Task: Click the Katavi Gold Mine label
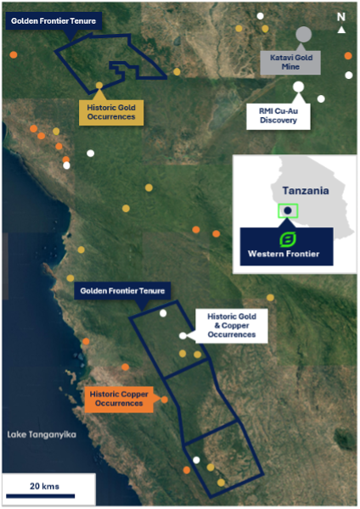pyautogui.click(x=290, y=62)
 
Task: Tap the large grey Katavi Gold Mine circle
pyautogui.click(x=303, y=35)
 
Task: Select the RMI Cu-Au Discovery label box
pyautogui.click(x=278, y=116)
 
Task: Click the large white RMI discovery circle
pyautogui.click(x=298, y=87)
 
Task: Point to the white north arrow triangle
pyautogui.click(x=341, y=30)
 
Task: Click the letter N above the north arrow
pyautogui.click(x=341, y=17)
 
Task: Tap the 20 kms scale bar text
pyautogui.click(x=44, y=486)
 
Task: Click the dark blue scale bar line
pyautogui.click(x=40, y=496)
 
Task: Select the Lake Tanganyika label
pyautogui.click(x=42, y=434)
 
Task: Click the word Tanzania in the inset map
pyautogui.click(x=306, y=191)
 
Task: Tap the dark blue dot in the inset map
pyautogui.click(x=288, y=210)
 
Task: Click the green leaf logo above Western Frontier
pyautogui.click(x=288, y=240)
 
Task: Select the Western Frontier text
pyautogui.click(x=284, y=254)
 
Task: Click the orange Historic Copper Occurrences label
pyautogui.click(x=119, y=400)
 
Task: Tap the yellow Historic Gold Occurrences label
pyautogui.click(x=111, y=112)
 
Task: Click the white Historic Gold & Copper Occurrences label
pyautogui.click(x=232, y=326)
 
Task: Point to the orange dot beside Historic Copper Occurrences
pyautogui.click(x=165, y=400)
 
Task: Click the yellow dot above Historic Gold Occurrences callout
pyautogui.click(x=99, y=86)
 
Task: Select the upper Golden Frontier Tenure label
pyautogui.click(x=53, y=21)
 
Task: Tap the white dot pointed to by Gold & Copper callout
pyautogui.click(x=183, y=336)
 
